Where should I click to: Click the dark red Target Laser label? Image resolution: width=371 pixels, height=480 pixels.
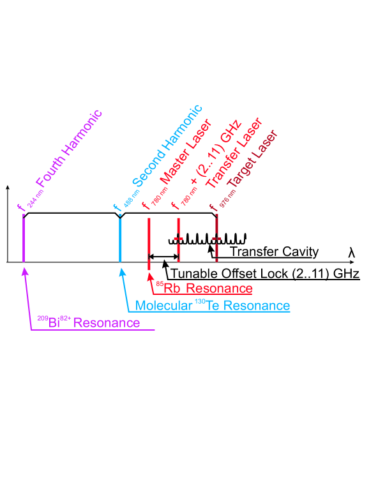253,163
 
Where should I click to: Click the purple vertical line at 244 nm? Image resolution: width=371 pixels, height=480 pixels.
23,239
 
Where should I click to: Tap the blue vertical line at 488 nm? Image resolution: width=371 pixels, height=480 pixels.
120,239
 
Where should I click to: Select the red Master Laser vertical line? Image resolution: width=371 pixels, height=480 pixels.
149,239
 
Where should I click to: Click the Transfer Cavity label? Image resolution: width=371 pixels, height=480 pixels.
273,251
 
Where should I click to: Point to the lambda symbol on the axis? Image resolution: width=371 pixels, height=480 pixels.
351,253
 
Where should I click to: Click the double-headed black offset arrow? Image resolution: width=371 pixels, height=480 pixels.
163,257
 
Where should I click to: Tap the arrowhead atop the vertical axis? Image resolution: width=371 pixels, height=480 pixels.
7,188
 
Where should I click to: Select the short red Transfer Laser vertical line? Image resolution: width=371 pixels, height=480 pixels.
179,239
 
